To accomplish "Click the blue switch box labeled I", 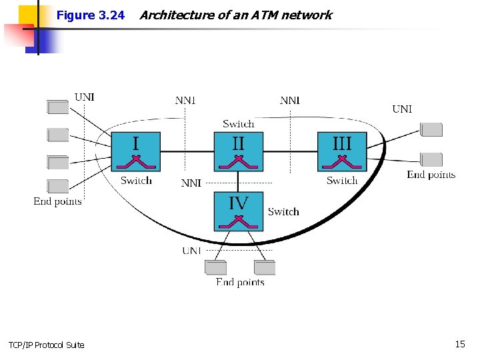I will click(136, 151).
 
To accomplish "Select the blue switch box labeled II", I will click(239, 151).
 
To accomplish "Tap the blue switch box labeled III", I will click(342, 151).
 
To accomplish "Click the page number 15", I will click(460, 344).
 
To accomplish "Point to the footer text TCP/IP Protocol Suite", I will click(47, 345).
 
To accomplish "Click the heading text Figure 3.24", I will click(91, 15).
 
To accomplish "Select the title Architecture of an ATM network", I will click(235, 15).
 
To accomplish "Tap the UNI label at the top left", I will click(85, 97).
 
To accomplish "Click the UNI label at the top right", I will click(402, 109).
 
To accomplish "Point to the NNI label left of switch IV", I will click(191, 183).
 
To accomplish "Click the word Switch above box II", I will click(239, 124).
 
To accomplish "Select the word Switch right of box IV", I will click(283, 212).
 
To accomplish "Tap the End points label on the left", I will click(58, 201).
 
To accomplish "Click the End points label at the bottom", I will click(240, 283).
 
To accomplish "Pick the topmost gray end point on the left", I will click(58, 107).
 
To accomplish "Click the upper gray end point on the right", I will click(431, 130).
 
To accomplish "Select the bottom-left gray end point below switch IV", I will click(215, 267).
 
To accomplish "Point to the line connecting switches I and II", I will click(187, 151).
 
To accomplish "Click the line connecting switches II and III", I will click(290, 151).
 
